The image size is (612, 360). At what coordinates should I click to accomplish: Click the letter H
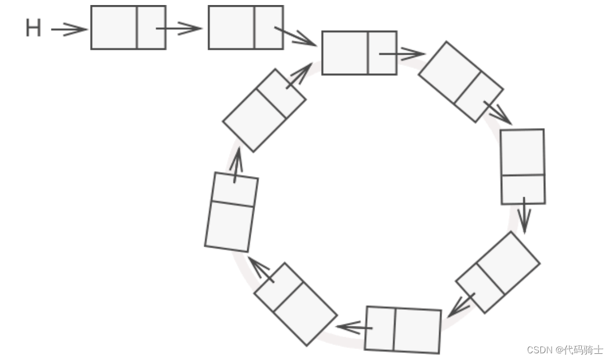[34, 28]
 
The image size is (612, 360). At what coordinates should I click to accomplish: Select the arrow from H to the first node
[69, 30]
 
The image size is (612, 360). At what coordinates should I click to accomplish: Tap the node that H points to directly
[128, 27]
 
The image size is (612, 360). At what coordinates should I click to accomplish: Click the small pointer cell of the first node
[151, 27]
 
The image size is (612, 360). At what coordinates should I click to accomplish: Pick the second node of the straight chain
[246, 27]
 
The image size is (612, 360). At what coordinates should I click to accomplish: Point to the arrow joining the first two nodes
[179, 28]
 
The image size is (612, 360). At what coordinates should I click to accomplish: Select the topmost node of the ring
[359, 53]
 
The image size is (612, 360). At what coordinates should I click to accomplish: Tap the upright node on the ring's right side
[522, 167]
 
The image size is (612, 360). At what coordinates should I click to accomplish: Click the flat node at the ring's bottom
[403, 329]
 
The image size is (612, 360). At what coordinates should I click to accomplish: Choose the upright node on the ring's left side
[231, 212]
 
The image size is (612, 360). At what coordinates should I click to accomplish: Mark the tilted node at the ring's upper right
[460, 82]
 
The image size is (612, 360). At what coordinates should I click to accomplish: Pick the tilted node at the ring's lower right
[497, 272]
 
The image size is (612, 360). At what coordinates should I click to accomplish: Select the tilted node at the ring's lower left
[295, 304]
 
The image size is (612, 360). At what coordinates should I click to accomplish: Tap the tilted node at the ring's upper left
[264, 110]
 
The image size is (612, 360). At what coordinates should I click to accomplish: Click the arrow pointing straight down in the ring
[524, 215]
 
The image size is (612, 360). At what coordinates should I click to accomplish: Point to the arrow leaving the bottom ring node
[352, 326]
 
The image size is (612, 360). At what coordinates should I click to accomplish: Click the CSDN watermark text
[540, 350]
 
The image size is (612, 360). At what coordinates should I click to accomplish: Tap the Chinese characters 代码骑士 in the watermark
[583, 350]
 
